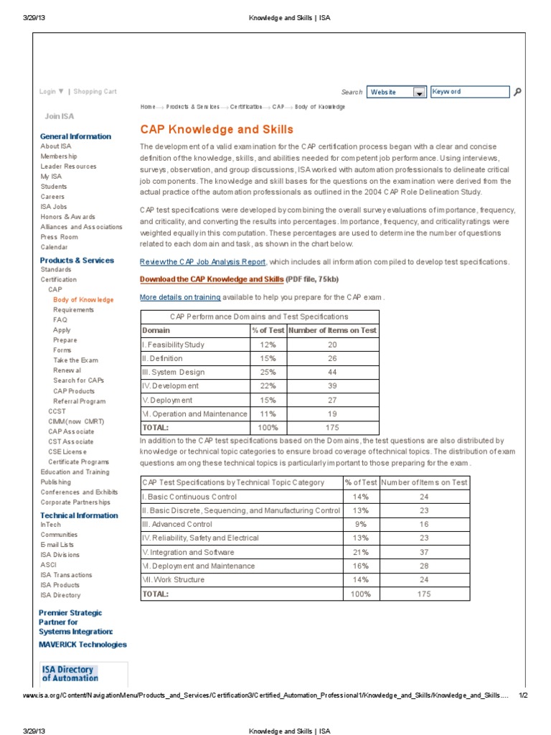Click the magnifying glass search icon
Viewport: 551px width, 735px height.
(x=518, y=92)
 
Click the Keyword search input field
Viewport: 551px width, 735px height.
(x=469, y=92)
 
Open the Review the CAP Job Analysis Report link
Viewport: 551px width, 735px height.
(x=202, y=262)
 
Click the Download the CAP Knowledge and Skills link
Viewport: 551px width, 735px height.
(x=212, y=278)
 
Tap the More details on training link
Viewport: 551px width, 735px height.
(x=180, y=297)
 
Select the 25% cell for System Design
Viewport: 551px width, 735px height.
(x=268, y=373)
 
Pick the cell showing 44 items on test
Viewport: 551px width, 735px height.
(x=332, y=373)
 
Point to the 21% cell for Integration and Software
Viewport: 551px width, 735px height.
(x=360, y=553)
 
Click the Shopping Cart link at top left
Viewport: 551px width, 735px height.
(x=95, y=92)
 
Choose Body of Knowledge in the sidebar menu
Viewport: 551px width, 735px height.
(x=83, y=300)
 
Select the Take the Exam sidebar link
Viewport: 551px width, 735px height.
(x=75, y=360)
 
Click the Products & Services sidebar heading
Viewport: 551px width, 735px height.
(x=77, y=261)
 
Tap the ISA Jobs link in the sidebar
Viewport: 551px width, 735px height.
(x=54, y=207)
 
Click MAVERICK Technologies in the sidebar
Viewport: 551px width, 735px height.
(x=83, y=645)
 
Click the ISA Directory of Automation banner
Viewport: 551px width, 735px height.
(x=70, y=673)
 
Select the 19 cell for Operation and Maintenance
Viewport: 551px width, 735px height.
(x=332, y=414)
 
